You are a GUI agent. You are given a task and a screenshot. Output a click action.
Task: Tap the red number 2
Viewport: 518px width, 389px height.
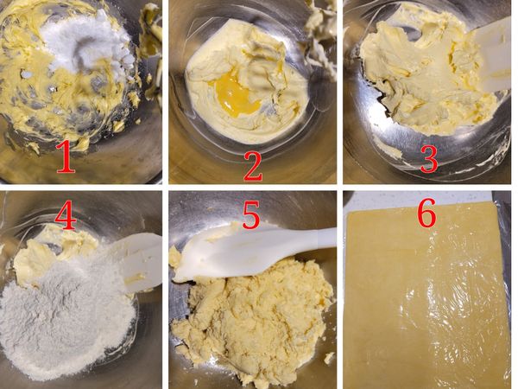coord(253,162)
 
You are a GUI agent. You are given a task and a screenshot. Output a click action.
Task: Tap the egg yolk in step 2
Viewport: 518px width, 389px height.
coord(235,86)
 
